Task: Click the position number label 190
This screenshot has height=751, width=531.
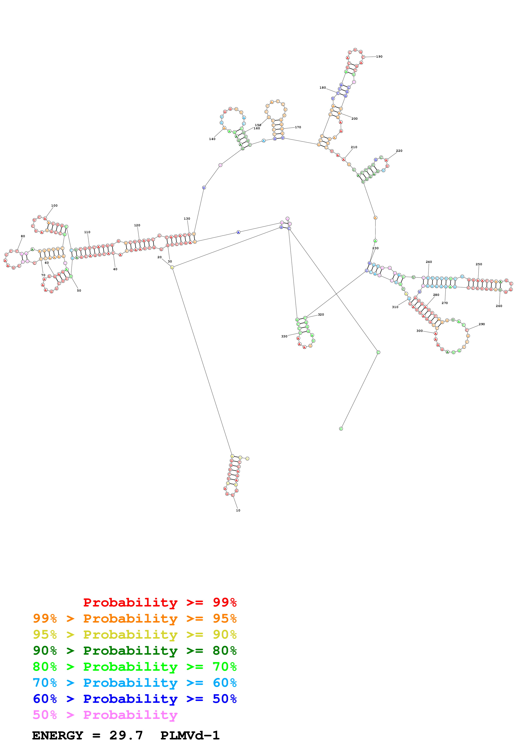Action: point(379,57)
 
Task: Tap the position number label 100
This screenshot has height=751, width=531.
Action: point(54,206)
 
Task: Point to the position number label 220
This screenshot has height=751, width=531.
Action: point(399,151)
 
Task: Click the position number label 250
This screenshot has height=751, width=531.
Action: point(479,264)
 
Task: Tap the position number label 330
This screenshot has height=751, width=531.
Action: point(284,336)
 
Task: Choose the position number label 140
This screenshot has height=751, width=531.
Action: point(212,139)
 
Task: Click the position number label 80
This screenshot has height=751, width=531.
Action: point(23,236)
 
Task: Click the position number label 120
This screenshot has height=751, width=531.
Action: point(137,225)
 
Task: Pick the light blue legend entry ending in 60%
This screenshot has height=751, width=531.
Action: point(135,683)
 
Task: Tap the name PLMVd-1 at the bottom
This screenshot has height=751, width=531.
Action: point(190,735)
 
